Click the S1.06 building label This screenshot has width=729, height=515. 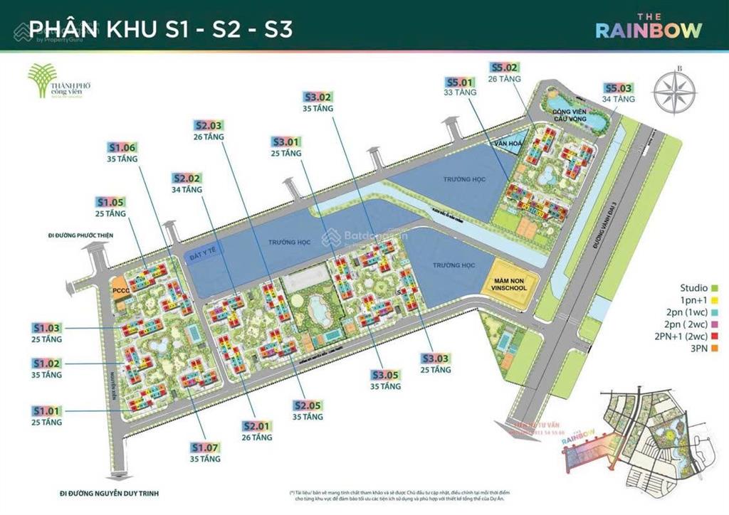coord(122,148)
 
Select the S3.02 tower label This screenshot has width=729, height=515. coord(318,97)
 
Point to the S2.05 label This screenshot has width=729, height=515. coord(308,405)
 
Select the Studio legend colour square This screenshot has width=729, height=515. coord(714,288)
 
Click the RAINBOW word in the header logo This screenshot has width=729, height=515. coord(648,30)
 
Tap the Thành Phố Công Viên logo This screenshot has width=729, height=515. coord(57,83)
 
